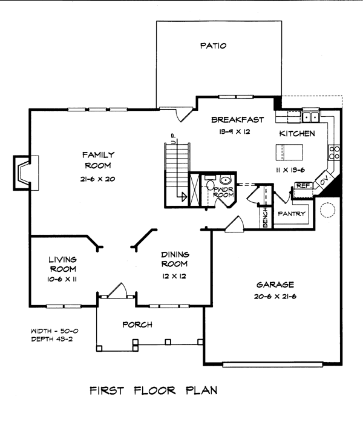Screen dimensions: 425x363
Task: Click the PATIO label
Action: point(214,46)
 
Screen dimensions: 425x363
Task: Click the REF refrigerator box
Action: point(302,186)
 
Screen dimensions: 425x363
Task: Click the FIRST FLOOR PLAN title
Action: point(153,390)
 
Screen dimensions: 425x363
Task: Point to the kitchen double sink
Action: point(311,116)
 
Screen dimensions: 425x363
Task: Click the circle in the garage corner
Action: point(327,209)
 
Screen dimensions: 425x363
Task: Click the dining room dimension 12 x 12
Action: point(174,275)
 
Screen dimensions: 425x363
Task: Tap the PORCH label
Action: point(137,325)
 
